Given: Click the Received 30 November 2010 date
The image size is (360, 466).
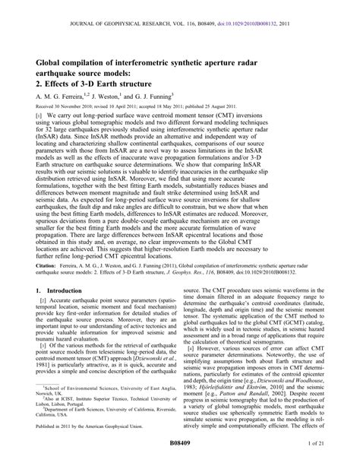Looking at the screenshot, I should tap(65, 109).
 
